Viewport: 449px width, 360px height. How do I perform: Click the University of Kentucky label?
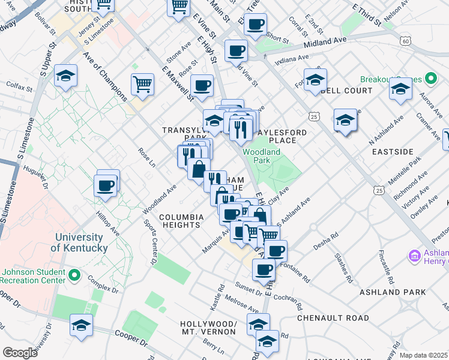click(79, 242)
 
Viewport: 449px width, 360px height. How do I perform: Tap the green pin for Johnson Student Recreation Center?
click(74, 275)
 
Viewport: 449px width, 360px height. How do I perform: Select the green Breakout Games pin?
click(430, 79)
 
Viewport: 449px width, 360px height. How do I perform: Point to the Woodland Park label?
click(262, 156)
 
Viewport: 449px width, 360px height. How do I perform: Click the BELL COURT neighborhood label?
click(346, 91)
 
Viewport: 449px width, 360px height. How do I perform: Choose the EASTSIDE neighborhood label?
click(393, 152)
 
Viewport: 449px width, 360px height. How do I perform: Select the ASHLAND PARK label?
click(393, 292)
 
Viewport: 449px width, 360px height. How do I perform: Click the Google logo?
click(20, 353)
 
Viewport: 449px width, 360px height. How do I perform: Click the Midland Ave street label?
click(325, 43)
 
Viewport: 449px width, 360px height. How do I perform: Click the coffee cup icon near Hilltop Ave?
click(106, 185)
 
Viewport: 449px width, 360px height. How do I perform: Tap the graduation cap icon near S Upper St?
click(65, 76)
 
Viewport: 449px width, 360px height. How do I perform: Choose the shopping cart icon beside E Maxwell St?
click(142, 85)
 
